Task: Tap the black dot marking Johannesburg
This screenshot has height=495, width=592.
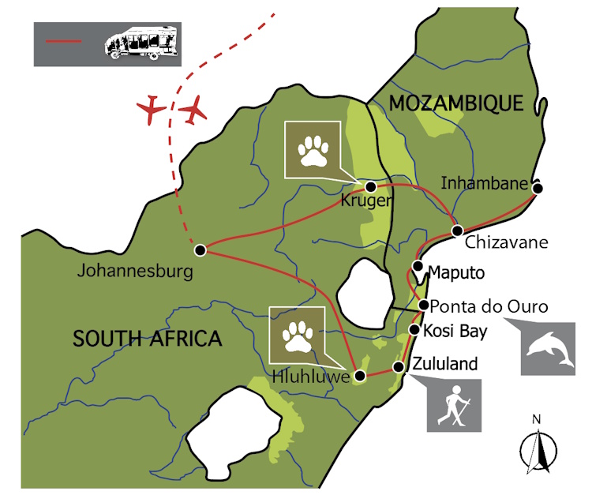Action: [200, 250]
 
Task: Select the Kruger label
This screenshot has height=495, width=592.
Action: [365, 201]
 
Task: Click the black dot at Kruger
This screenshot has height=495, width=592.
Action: [370, 186]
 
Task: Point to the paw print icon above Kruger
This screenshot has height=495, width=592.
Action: [313, 149]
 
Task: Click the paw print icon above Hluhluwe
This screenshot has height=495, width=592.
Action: [297, 334]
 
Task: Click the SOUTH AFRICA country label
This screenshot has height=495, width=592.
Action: [147, 339]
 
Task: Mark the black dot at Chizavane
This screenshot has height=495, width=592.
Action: [457, 231]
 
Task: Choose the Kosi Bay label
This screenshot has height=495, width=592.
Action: [456, 330]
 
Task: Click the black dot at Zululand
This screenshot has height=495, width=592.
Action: [398, 368]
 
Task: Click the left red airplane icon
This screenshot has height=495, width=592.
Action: [151, 110]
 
